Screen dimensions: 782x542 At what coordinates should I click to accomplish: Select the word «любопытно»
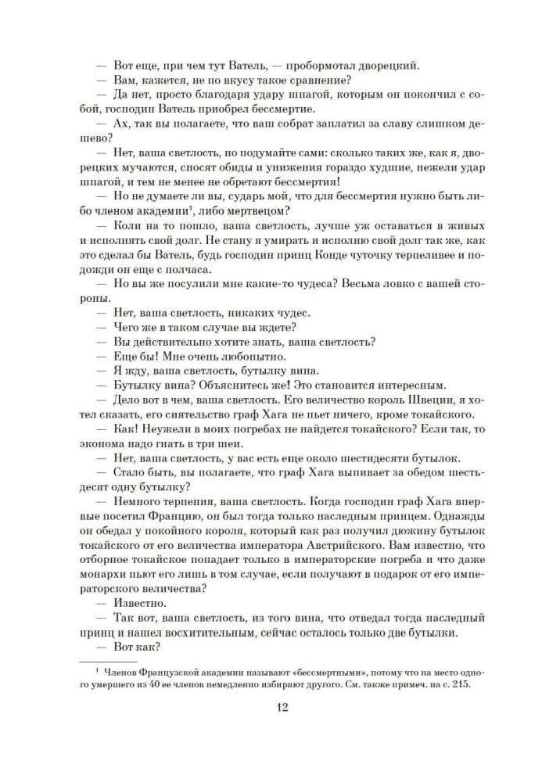coord(221,355)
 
